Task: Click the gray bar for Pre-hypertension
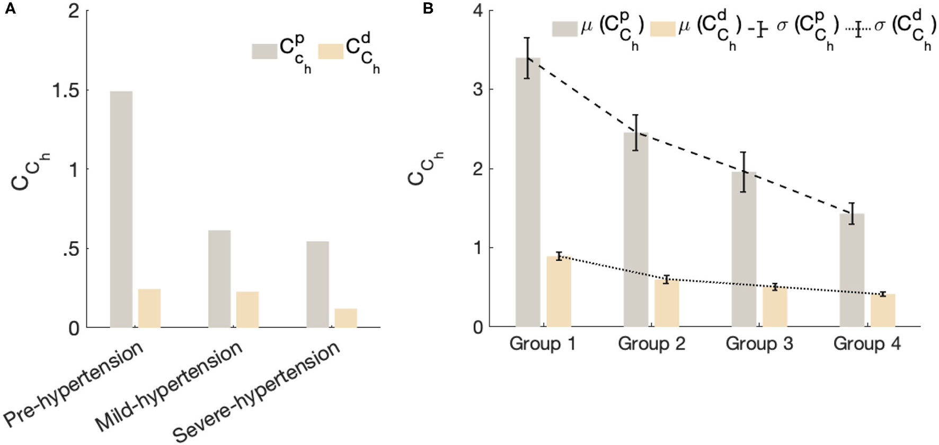pyautogui.click(x=121, y=209)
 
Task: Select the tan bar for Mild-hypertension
pyautogui.click(x=247, y=309)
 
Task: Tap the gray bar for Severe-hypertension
pyautogui.click(x=317, y=284)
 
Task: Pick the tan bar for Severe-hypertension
pyautogui.click(x=346, y=318)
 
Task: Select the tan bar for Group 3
pyautogui.click(x=775, y=307)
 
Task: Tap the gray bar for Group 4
pyautogui.click(x=852, y=270)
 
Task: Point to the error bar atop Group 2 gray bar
pyautogui.click(x=635, y=132)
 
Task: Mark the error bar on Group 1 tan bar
pyautogui.click(x=559, y=256)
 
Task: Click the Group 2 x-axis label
pyautogui.click(x=651, y=344)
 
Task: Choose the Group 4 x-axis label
pyautogui.click(x=867, y=344)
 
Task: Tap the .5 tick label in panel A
pyautogui.click(x=70, y=249)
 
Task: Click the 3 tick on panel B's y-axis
pyautogui.click(x=479, y=90)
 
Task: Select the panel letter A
pyautogui.click(x=10, y=9)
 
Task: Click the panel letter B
pyautogui.click(x=428, y=9)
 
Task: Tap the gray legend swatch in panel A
pyautogui.click(x=264, y=51)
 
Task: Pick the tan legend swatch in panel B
pyautogui.click(x=662, y=29)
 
